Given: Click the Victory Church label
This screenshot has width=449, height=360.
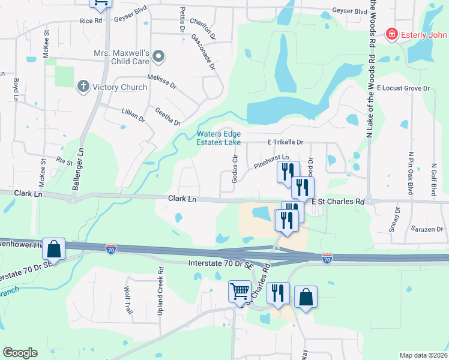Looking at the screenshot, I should (119, 87).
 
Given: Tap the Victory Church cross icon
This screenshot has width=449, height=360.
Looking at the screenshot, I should (83, 87).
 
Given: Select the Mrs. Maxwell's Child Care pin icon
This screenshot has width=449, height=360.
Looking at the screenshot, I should (158, 57).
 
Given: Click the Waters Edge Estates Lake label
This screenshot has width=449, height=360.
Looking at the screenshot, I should (219, 138).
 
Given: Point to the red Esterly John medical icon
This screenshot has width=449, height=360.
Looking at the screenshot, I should (391, 34).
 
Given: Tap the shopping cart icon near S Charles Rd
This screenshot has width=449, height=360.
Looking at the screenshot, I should (240, 292).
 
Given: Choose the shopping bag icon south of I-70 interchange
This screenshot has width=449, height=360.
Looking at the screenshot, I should (306, 296).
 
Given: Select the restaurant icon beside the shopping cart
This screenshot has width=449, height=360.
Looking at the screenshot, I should (278, 293).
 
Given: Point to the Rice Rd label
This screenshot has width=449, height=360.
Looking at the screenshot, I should (91, 20).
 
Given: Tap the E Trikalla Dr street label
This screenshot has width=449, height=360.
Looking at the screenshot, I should (286, 142).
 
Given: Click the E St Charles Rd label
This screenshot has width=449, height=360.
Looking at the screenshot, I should (338, 202).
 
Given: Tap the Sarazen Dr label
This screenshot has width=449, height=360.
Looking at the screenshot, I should (427, 229).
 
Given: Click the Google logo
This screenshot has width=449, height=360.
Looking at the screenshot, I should (20, 353).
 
